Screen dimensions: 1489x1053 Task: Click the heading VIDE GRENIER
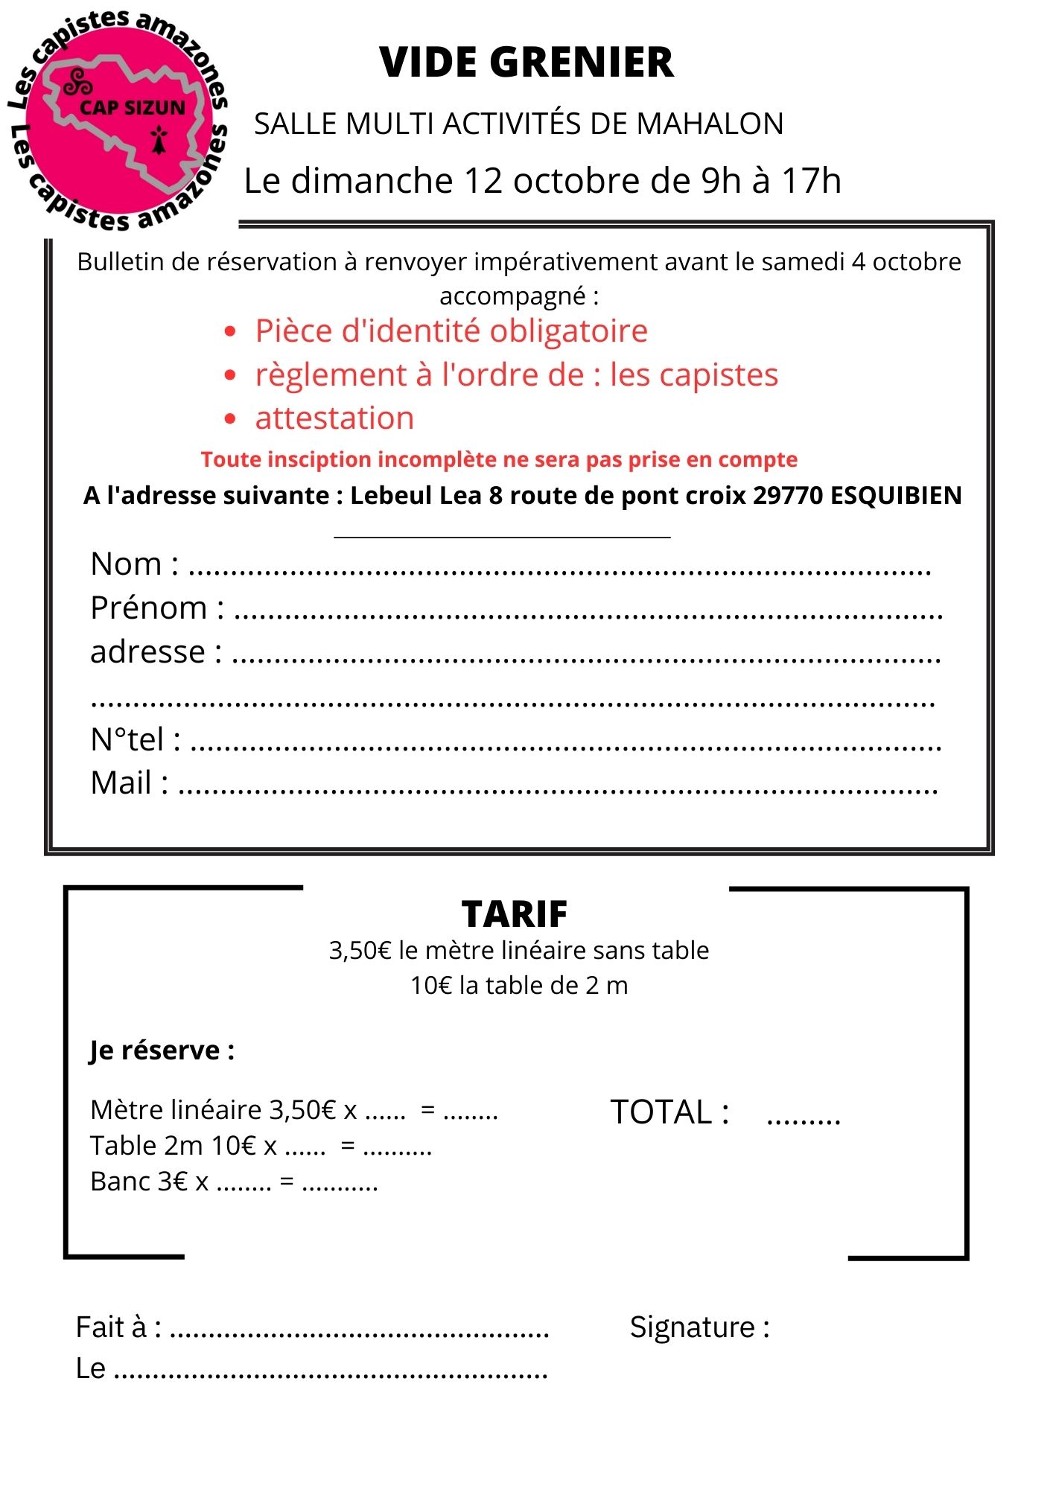[526, 63]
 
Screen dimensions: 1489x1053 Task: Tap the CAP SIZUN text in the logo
[133, 108]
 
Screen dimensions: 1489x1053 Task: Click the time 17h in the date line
[811, 181]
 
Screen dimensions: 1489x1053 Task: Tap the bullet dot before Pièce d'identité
[230, 331]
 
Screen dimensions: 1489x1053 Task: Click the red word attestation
[334, 418]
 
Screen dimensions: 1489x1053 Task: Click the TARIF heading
[515, 914]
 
